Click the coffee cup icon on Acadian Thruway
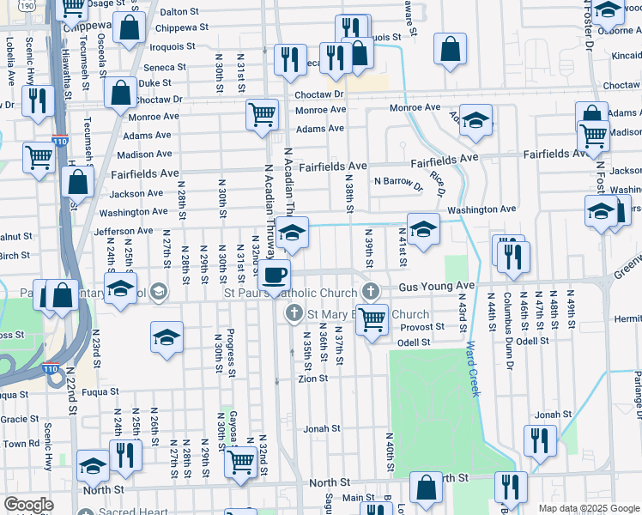point(275,275)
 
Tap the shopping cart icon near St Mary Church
point(371,319)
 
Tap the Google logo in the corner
point(28,505)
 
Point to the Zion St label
point(312,379)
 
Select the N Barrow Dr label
point(398,183)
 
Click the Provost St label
point(427,327)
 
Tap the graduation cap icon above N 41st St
point(423,228)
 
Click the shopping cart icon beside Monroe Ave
point(262,113)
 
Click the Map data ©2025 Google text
point(589,508)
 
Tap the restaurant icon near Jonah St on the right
point(540,440)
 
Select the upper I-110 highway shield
point(60,140)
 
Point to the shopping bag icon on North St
point(426,488)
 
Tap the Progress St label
point(232,352)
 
